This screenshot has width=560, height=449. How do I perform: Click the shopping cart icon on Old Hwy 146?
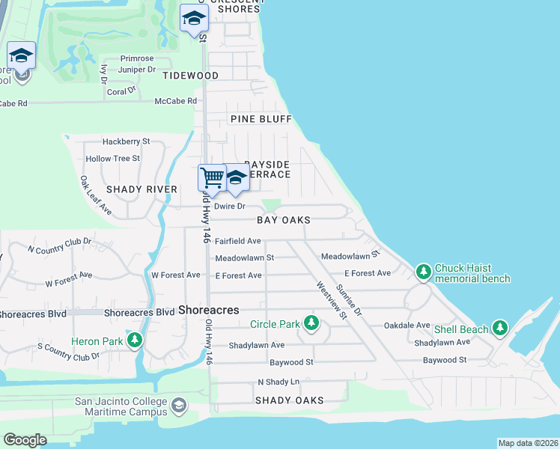(x=212, y=178)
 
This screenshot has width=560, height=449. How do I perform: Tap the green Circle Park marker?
(x=311, y=324)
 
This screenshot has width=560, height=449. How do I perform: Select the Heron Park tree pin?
(x=135, y=342)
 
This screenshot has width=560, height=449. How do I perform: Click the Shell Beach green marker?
(x=500, y=329)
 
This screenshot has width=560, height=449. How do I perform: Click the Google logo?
(x=25, y=439)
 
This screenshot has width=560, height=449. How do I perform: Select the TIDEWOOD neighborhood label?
(x=191, y=76)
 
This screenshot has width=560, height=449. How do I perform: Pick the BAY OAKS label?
(x=283, y=221)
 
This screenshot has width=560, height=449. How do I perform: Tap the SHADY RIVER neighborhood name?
(x=141, y=189)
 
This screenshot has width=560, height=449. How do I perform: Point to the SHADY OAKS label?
(x=289, y=400)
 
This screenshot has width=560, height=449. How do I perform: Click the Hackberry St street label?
(x=127, y=141)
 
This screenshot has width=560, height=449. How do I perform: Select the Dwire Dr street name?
(x=230, y=206)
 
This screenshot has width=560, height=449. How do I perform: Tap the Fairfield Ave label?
(x=237, y=241)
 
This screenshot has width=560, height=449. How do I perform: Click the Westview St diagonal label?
(x=332, y=300)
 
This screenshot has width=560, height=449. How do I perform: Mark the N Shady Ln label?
(x=278, y=382)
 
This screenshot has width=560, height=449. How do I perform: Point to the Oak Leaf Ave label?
(x=96, y=196)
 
